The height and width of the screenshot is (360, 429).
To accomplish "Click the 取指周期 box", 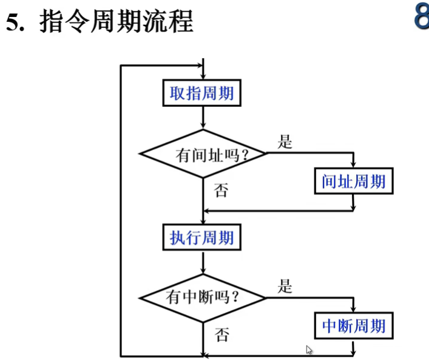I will click(201, 94).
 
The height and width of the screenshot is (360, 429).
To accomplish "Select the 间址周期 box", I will click(353, 181).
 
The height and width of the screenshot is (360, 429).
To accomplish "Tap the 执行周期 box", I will click(201, 237).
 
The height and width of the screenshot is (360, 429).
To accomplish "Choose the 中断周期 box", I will click(353, 325).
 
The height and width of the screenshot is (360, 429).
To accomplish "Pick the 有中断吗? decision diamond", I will click(202, 297).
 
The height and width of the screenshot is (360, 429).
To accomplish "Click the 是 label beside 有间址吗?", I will click(285, 143).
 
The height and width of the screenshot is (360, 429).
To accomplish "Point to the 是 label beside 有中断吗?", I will click(285, 287).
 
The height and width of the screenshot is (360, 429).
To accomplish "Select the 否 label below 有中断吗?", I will click(222, 335).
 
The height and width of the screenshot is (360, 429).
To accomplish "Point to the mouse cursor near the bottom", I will click(309, 349).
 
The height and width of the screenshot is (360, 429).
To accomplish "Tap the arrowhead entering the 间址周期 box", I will click(353, 165).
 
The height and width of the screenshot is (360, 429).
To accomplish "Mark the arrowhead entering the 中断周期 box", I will click(353, 309).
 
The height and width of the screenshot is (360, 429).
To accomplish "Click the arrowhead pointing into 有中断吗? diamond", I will click(202, 276).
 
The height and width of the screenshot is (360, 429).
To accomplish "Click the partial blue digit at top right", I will click(421, 17).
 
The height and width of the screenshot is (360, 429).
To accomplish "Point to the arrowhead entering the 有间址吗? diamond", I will click(202, 126).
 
